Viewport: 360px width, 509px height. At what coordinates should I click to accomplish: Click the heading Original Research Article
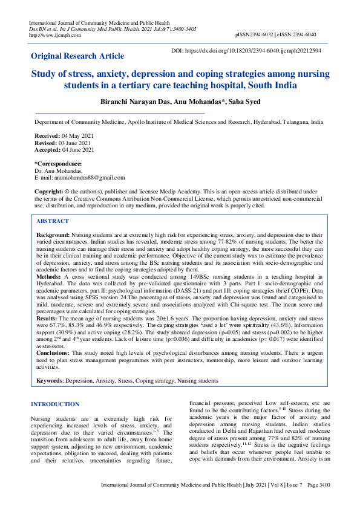coord(77,56)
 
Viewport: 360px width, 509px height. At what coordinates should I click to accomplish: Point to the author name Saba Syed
coord(243,102)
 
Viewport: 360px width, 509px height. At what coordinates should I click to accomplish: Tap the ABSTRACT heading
coord(52,221)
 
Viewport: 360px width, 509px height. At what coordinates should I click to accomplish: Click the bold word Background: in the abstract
coord(53,234)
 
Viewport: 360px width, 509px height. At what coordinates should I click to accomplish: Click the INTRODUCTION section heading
coord(54,404)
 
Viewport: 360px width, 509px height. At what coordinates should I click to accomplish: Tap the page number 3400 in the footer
coord(322,485)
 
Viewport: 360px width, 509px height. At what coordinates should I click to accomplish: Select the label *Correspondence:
coord(58,164)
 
